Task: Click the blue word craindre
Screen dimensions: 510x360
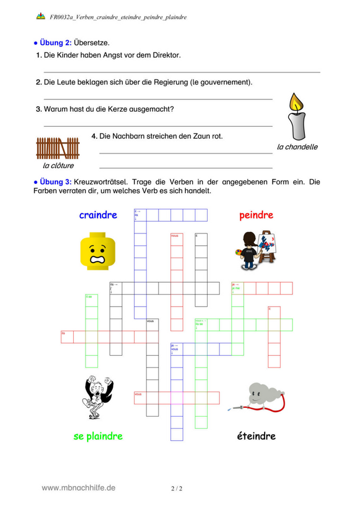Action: [x=98, y=215]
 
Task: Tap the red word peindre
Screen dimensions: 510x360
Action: [x=256, y=215]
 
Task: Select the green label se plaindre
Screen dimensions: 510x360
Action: [x=98, y=436]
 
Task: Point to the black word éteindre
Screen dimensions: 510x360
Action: [x=256, y=436]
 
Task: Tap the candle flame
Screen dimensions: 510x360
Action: [x=296, y=102]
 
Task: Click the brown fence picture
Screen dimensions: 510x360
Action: [x=57, y=149]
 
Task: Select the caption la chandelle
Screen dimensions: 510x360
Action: [x=297, y=147]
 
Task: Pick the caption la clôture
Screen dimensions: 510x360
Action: [x=58, y=165]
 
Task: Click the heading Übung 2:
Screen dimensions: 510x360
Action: [x=55, y=42]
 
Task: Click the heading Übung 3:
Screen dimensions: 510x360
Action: [x=55, y=182]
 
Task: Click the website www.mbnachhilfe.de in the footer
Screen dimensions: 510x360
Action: [x=79, y=488]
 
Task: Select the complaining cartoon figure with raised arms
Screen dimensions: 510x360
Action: [x=98, y=397]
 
